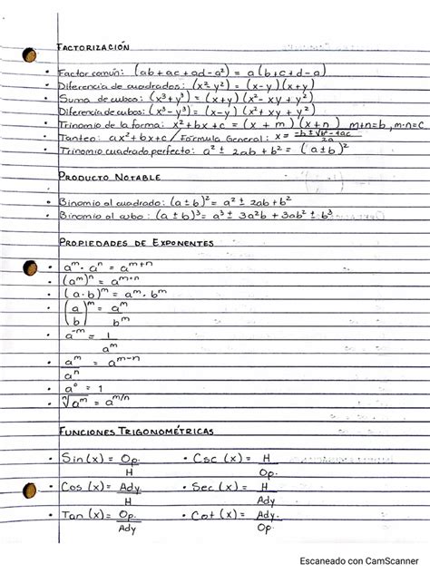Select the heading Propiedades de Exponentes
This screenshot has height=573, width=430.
click(x=136, y=243)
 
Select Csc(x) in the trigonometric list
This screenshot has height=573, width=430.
click(x=220, y=460)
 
